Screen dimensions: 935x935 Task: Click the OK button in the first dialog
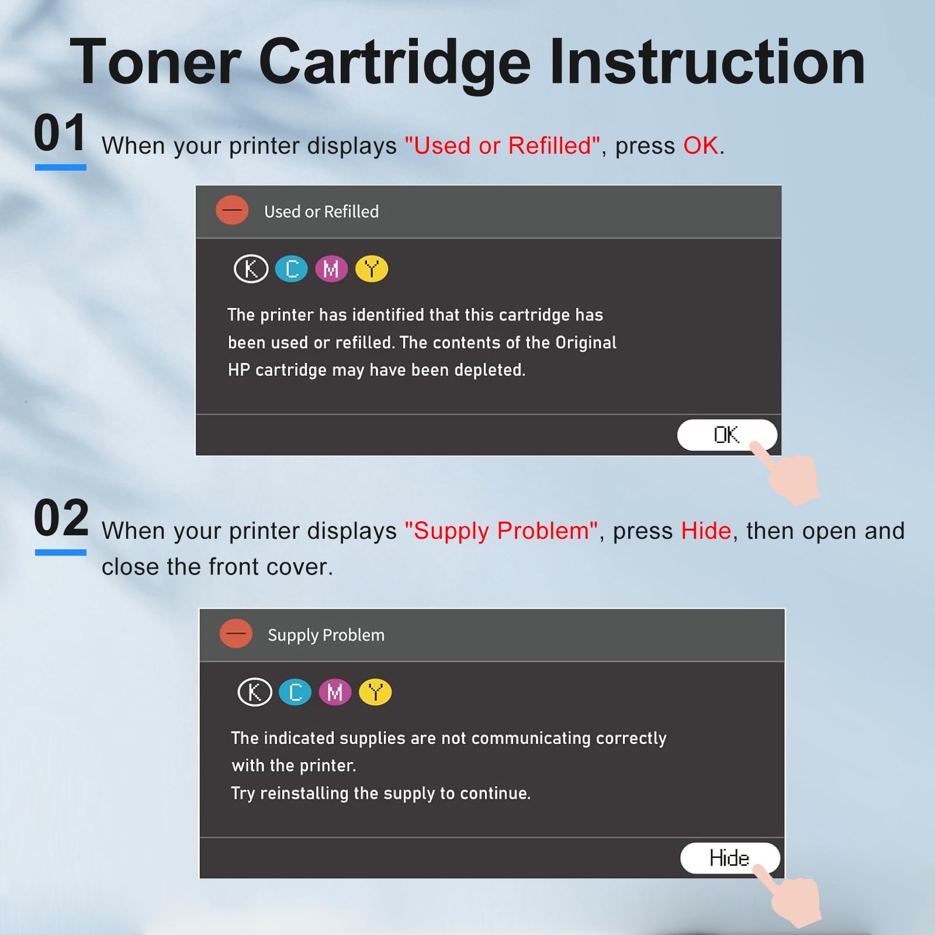tap(726, 435)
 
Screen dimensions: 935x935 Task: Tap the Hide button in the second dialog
tap(729, 858)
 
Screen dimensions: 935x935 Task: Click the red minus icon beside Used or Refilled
tap(232, 210)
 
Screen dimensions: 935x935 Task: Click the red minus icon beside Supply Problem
tap(236, 633)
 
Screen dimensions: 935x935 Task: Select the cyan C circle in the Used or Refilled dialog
tap(292, 269)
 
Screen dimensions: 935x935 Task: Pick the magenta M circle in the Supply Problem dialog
tap(335, 692)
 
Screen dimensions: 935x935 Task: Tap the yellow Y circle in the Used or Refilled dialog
tap(372, 269)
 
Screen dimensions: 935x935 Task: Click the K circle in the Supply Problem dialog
tap(255, 692)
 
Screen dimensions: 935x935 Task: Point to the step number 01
tap(60, 133)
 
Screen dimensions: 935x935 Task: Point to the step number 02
tap(61, 518)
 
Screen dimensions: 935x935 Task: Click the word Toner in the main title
tap(155, 63)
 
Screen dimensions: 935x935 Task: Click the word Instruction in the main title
tap(707, 63)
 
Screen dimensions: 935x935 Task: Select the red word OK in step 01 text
tap(700, 146)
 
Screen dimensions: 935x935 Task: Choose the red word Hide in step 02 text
tap(706, 531)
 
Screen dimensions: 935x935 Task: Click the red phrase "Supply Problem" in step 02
tap(501, 531)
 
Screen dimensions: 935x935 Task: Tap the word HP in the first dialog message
tap(238, 370)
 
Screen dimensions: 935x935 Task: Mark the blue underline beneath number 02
tap(61, 552)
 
